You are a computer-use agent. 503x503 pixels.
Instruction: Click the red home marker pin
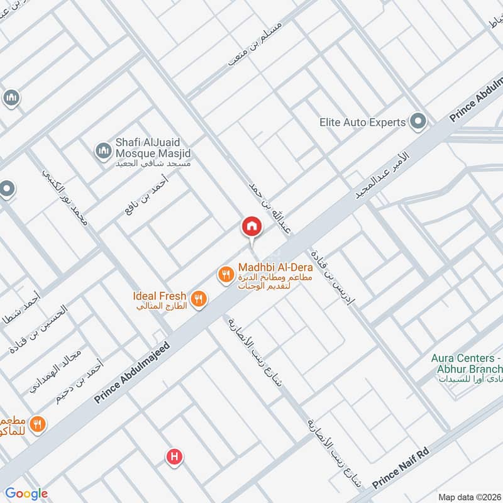click(251, 227)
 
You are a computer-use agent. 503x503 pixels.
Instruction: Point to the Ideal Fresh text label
click(159, 296)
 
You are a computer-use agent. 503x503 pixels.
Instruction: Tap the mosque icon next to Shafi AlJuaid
click(103, 151)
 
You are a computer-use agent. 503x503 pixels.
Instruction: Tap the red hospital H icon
click(174, 457)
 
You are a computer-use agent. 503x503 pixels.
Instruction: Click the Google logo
click(26, 494)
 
